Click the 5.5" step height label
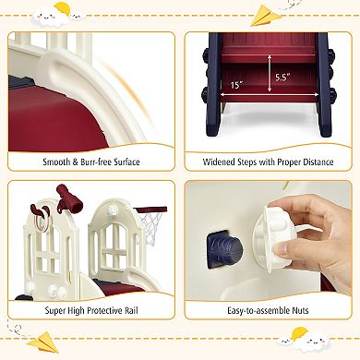[282, 78]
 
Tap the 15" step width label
[236, 85]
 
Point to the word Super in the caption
[55, 310]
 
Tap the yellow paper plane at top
[266, 16]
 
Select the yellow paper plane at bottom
[42, 342]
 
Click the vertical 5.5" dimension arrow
[270, 73]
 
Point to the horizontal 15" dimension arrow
[269, 95]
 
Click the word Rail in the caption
[131, 310]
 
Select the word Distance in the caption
[318, 162]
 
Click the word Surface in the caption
[126, 162]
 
